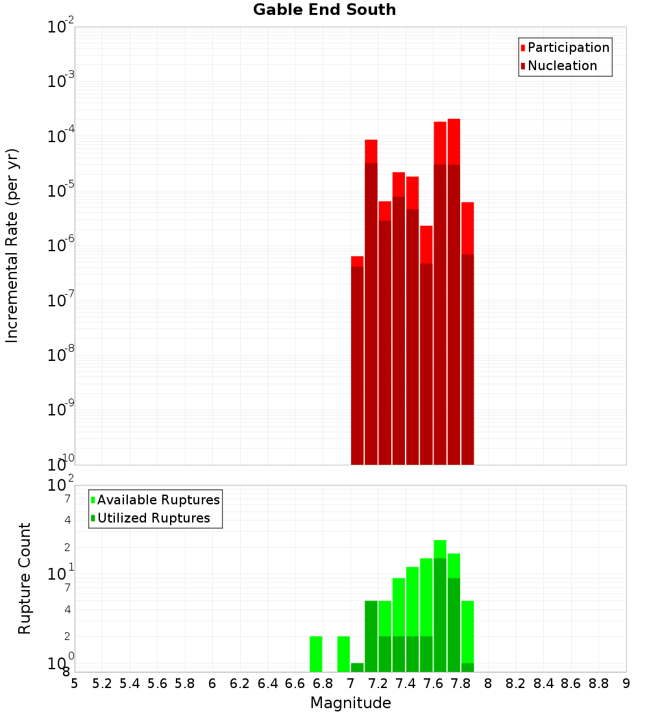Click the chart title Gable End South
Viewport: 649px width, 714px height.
click(x=324, y=10)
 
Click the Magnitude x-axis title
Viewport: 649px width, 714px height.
click(x=350, y=703)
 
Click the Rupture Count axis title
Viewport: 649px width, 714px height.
click(x=25, y=578)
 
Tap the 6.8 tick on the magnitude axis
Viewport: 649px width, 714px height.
click(x=323, y=683)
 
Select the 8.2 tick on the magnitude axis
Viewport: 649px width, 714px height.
click(x=516, y=683)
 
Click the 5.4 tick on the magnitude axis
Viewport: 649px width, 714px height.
click(x=130, y=683)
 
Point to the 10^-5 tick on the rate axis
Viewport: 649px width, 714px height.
click(x=60, y=191)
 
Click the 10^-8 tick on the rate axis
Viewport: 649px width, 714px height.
click(x=60, y=355)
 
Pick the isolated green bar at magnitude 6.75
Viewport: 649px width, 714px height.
click(x=316, y=654)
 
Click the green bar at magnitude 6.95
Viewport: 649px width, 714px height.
click(x=343, y=654)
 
